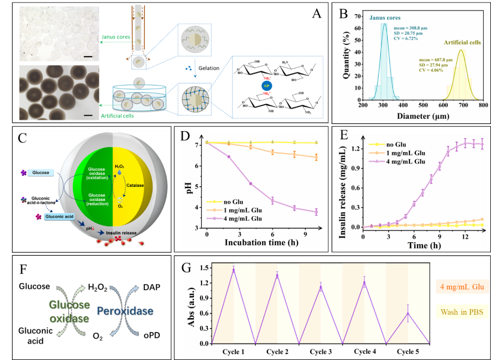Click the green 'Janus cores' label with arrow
[x=115, y=37]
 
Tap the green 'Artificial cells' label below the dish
[x=118, y=116]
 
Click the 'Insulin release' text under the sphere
[x=121, y=233]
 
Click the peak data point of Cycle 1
[x=234, y=269]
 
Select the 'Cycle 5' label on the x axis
[x=408, y=352]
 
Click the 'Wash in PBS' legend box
[x=462, y=312]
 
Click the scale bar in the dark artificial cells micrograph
[x=88, y=115]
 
